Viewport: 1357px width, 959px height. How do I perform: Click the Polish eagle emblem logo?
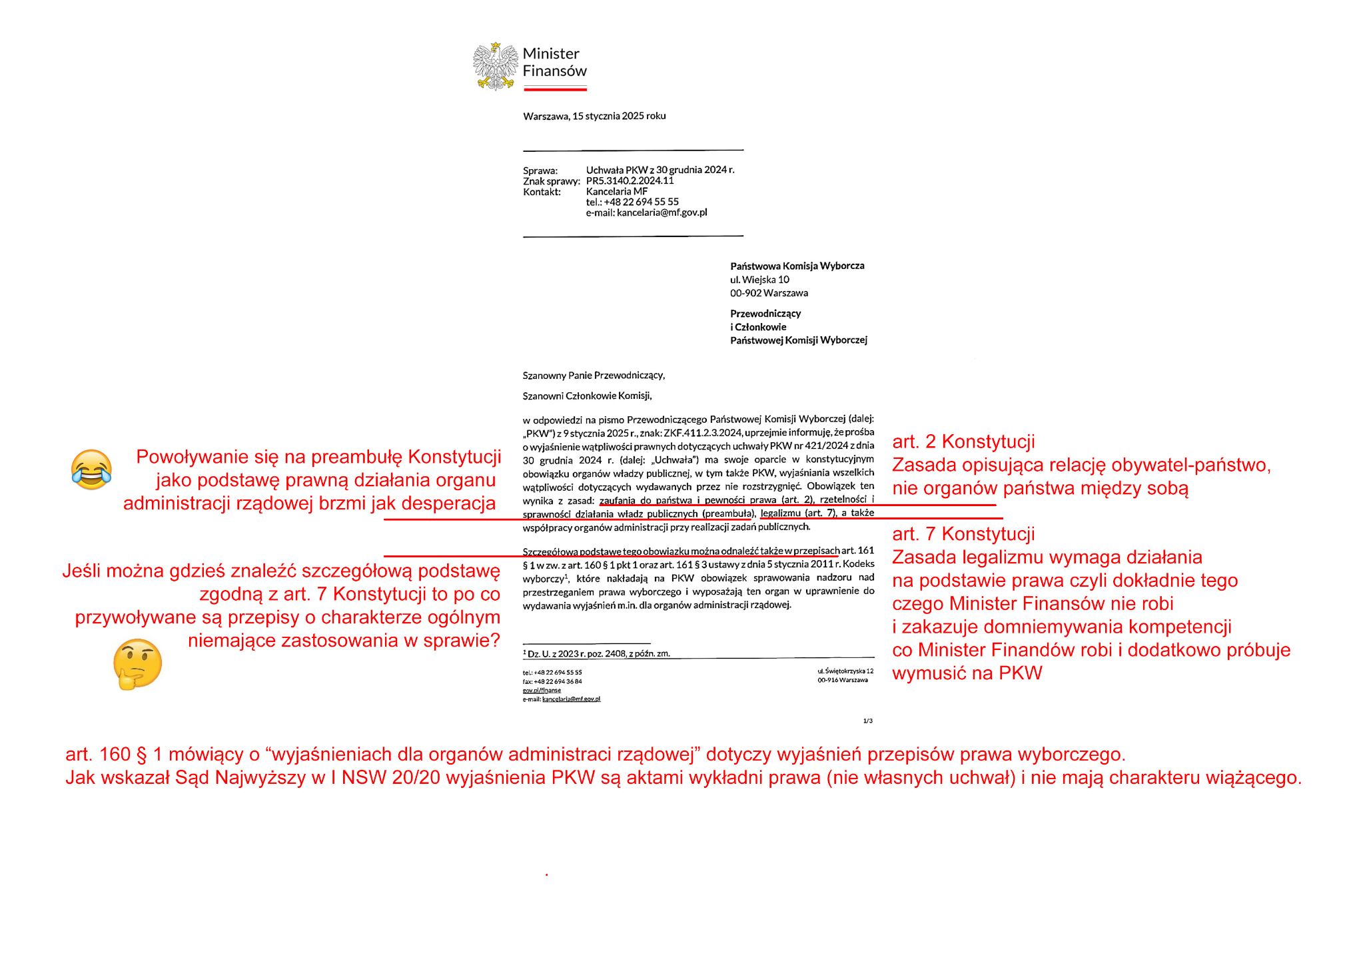coord(495,66)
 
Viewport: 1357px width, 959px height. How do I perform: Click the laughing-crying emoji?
coord(91,470)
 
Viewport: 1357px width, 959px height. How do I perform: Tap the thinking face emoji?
coord(137,663)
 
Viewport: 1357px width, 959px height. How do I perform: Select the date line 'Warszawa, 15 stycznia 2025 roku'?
coord(594,116)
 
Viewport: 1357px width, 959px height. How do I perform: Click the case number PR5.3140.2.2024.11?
coord(630,180)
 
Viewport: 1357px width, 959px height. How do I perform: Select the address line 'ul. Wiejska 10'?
coord(759,280)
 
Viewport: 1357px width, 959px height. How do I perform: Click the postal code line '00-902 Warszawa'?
coord(769,293)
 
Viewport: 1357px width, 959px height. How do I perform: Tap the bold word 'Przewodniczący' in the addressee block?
coord(765,314)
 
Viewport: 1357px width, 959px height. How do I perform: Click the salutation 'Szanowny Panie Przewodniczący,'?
coord(594,376)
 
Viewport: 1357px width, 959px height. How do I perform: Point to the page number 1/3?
coord(867,721)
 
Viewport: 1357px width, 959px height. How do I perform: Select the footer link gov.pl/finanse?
coord(542,690)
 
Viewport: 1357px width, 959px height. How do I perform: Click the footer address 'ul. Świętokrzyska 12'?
coord(845,671)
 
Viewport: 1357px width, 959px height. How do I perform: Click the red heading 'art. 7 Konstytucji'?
coord(963,534)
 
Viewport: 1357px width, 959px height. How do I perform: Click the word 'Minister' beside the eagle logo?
coord(551,54)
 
